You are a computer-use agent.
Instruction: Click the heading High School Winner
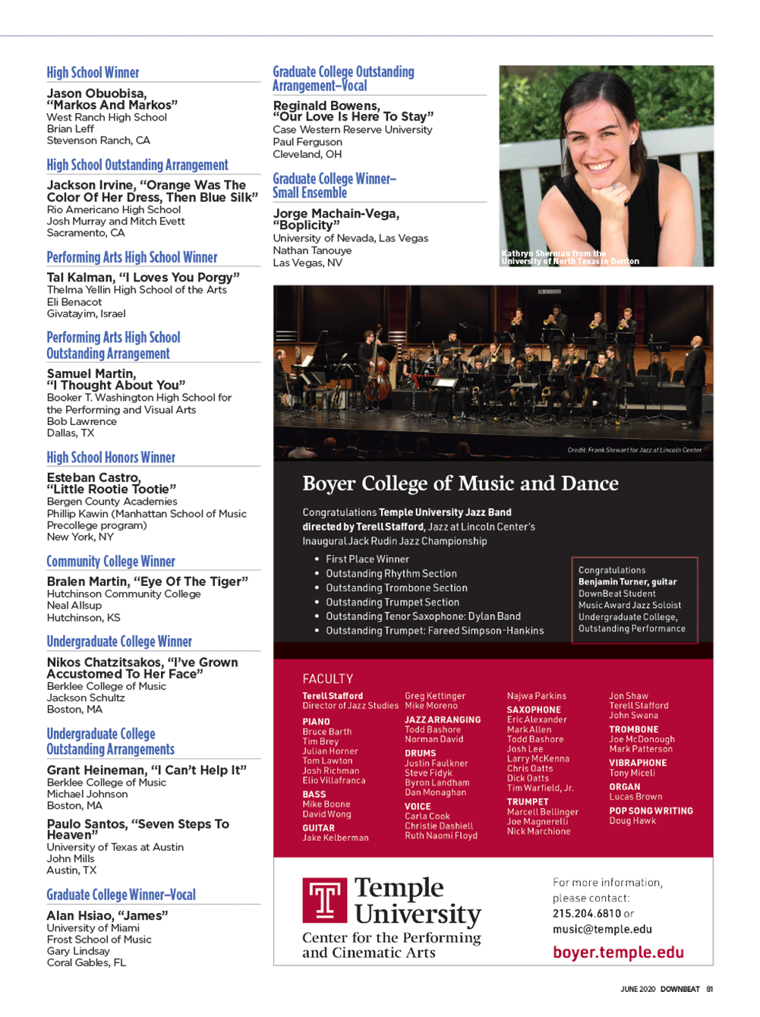coord(93,73)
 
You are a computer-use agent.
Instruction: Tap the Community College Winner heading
coord(111,562)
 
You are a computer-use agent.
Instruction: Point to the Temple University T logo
coord(326,900)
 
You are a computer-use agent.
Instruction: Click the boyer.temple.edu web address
coord(618,952)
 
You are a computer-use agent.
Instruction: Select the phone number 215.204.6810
coord(587,914)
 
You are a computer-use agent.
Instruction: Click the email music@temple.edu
coord(602,929)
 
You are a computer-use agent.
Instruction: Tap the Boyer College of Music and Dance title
coord(460,483)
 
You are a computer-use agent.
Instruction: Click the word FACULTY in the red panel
coord(327,679)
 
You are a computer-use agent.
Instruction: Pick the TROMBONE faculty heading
coord(633,729)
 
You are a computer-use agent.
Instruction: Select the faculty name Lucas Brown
coord(635,797)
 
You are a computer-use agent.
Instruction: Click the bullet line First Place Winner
coord(367,559)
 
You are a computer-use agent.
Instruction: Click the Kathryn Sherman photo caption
coord(570,257)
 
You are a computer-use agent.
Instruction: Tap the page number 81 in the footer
coord(710,989)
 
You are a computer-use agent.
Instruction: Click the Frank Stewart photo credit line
coord(634,450)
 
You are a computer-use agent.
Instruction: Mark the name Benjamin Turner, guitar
coord(627,582)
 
